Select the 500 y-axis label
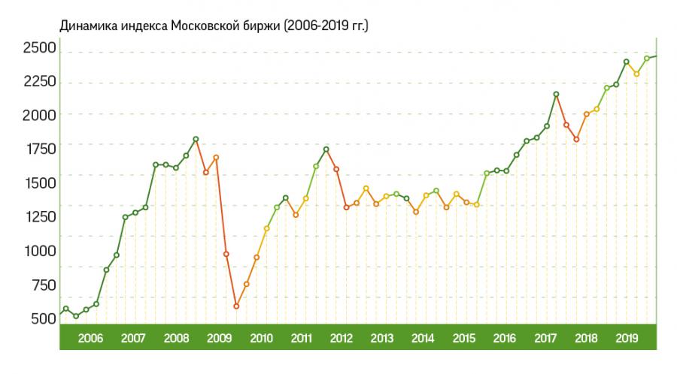tap(43, 318)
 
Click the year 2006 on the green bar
tap(90, 338)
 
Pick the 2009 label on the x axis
tap(220, 338)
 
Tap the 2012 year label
tap(342, 338)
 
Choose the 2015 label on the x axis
tap(463, 338)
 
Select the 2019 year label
tap(626, 338)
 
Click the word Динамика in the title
tap(86, 26)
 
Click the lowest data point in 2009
tap(236, 306)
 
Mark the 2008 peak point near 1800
tap(196, 139)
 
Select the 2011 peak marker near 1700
tap(326, 149)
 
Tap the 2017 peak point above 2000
tap(556, 94)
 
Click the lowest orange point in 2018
tap(576, 139)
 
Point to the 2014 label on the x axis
tap(423, 338)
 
